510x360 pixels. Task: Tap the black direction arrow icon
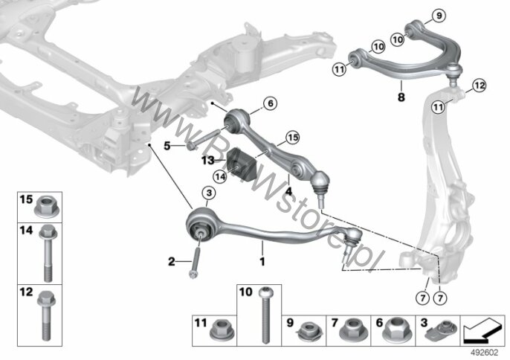tap(482, 330)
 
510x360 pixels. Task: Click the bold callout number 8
tap(401, 97)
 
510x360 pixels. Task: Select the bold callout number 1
tap(262, 261)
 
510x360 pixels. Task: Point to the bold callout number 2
tap(172, 261)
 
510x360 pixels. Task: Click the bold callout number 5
tap(167, 146)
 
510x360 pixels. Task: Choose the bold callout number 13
tap(207, 160)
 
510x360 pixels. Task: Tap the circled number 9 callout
tap(439, 16)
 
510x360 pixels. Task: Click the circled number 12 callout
tap(479, 86)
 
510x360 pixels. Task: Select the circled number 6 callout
tap(271, 103)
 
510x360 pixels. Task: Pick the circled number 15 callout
tap(293, 138)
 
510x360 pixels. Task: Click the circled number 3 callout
tap(209, 193)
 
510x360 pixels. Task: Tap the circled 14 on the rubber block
tap(220, 176)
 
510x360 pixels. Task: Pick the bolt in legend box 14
tap(48, 253)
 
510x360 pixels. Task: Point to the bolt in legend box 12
tap(47, 315)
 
